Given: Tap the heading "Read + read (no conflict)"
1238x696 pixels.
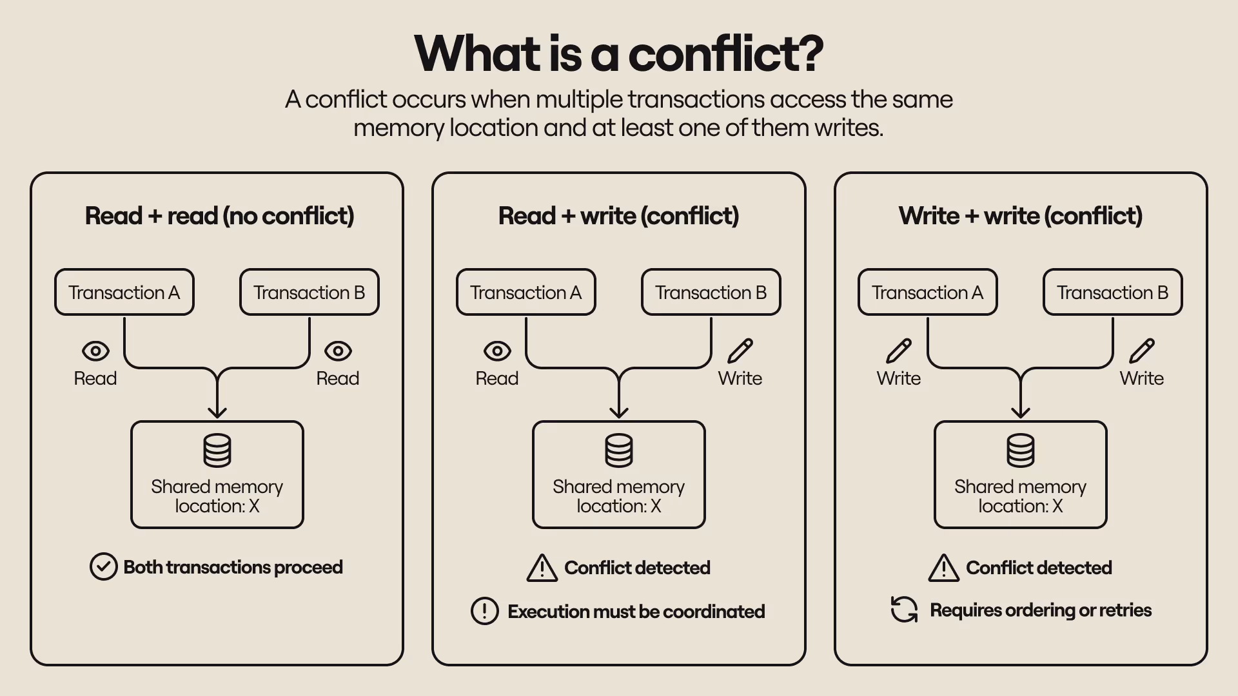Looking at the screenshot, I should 219,216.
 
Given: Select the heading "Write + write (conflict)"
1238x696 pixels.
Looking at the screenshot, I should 1020,216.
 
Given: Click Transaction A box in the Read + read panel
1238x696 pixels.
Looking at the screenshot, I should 124,293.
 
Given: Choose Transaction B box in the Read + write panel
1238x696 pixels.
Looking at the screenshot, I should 711,293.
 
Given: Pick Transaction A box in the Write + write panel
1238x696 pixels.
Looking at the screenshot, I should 927,293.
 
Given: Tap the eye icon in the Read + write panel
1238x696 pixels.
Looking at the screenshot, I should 497,351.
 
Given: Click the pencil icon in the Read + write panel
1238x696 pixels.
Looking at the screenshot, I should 740,351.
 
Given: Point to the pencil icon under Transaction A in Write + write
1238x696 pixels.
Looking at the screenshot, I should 898,351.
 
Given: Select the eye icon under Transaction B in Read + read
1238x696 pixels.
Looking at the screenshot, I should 338,351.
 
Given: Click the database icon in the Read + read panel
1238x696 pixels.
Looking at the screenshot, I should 217,450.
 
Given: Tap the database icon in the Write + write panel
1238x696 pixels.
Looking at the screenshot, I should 1020,450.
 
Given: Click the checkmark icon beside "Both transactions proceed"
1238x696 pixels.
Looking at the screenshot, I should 103,567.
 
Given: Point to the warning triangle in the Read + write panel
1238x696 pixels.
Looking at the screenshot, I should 542,568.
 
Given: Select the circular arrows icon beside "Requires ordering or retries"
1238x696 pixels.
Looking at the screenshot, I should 904,610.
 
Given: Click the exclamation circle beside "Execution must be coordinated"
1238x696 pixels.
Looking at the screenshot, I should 484,611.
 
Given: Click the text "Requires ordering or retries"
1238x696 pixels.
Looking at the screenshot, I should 1040,610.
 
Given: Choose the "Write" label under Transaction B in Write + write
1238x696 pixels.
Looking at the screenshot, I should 1141,378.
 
